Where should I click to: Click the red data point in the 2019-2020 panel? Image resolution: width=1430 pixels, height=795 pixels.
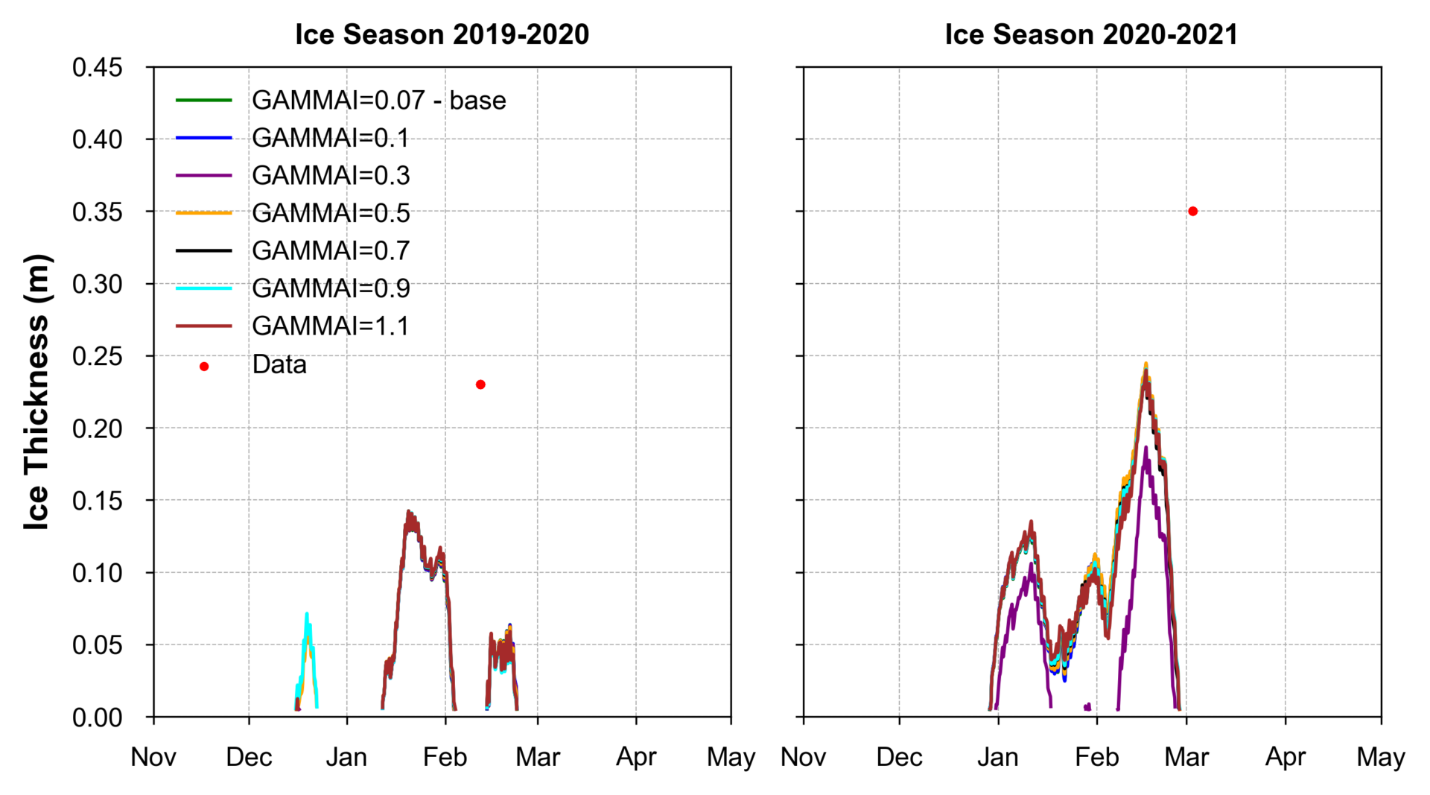click(480, 384)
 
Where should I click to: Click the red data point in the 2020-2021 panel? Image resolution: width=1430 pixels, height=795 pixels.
click(1192, 212)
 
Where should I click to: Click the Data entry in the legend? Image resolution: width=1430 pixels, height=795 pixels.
click(279, 365)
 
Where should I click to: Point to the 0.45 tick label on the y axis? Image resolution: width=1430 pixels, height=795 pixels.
click(97, 68)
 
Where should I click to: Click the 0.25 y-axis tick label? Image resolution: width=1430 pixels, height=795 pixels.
click(97, 356)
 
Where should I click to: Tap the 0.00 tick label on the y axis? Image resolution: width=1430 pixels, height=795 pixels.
click(97, 718)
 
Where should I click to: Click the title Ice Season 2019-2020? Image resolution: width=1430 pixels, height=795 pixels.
click(442, 34)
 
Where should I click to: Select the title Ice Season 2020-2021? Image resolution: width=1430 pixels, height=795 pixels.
click(1091, 34)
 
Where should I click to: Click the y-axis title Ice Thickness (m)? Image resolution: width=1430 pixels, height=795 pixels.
click(36, 392)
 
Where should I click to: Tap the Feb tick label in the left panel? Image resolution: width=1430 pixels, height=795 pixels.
click(445, 758)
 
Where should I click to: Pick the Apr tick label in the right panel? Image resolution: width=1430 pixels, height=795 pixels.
click(1285, 758)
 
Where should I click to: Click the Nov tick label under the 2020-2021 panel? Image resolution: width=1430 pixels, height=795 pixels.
click(803, 758)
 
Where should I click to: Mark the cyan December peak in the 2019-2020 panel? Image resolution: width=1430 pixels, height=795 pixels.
click(307, 614)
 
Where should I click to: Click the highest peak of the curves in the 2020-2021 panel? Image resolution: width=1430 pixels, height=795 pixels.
click(1145, 364)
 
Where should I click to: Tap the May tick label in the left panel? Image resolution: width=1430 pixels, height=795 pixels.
click(731, 758)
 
